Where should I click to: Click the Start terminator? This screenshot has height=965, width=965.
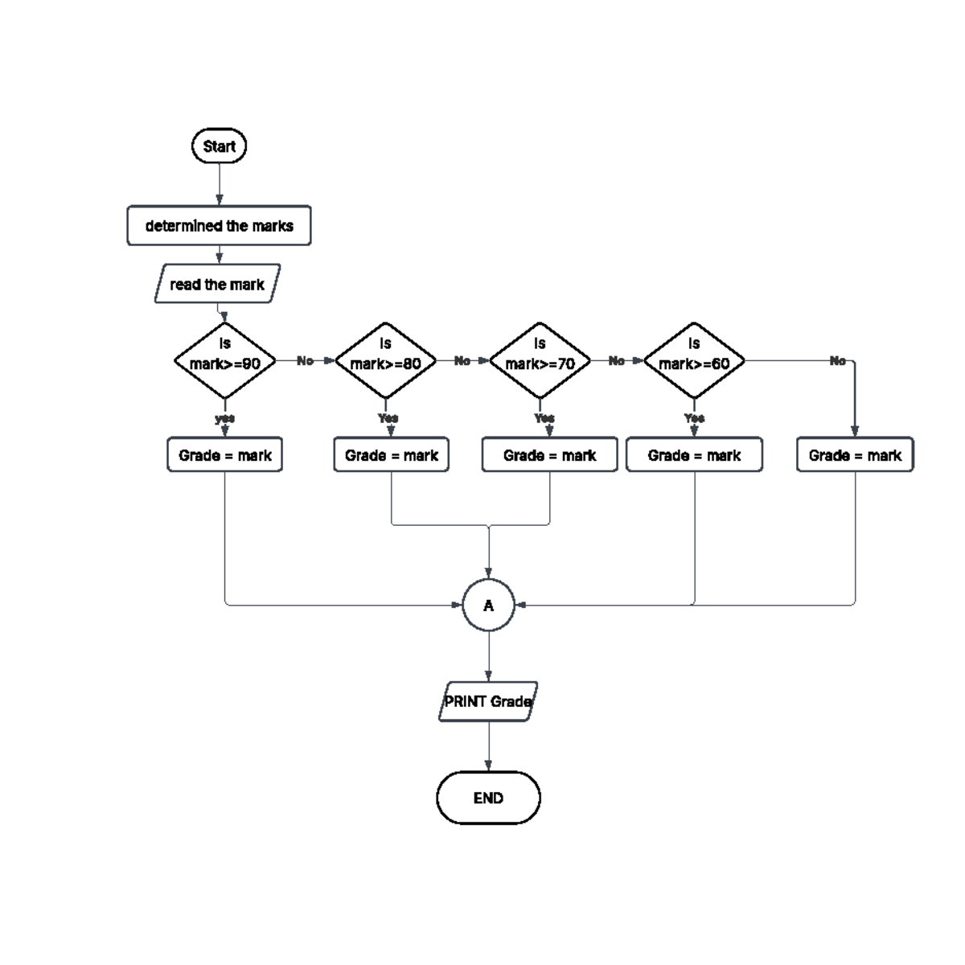219,146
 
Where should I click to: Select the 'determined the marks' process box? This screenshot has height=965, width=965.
219,226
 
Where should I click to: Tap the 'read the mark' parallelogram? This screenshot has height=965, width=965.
217,284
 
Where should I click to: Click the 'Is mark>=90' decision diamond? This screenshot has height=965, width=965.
225,361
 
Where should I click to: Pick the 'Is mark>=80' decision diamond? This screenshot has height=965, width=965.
385,361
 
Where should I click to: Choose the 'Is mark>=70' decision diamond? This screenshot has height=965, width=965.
540,361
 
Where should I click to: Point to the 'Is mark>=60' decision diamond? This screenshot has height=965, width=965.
694,361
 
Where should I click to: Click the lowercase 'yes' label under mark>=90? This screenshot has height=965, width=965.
225,418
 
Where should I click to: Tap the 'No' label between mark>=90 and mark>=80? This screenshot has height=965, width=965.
305,361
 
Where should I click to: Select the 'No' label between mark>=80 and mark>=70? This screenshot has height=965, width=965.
462,361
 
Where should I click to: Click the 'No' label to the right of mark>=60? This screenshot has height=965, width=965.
837,361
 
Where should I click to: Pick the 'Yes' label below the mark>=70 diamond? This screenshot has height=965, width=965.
544,418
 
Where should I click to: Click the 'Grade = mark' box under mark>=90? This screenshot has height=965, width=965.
225,455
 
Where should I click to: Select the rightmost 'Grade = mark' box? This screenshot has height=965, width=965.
855,455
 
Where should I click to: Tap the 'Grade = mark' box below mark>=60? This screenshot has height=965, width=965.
694,455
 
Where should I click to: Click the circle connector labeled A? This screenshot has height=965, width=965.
488,606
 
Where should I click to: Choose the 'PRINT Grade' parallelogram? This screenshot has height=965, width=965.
488,701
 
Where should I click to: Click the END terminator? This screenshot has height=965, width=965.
488,798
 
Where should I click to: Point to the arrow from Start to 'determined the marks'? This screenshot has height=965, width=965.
219,184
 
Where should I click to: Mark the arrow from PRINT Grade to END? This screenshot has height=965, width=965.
488,746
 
